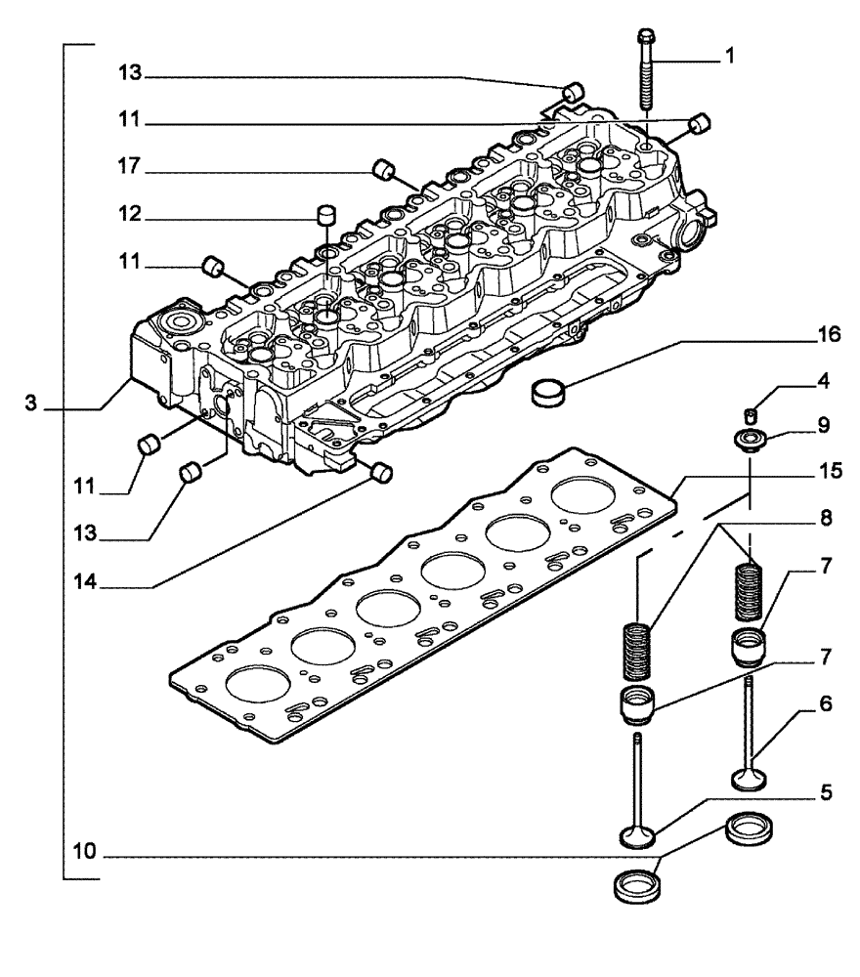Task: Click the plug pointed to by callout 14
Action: [x=382, y=474]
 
